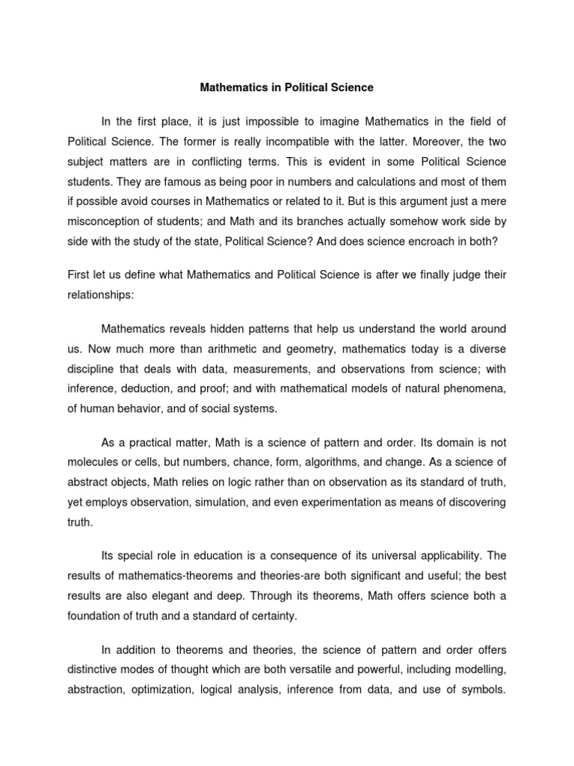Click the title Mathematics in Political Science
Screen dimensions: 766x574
click(x=286, y=88)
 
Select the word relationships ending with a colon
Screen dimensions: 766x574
click(x=101, y=295)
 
